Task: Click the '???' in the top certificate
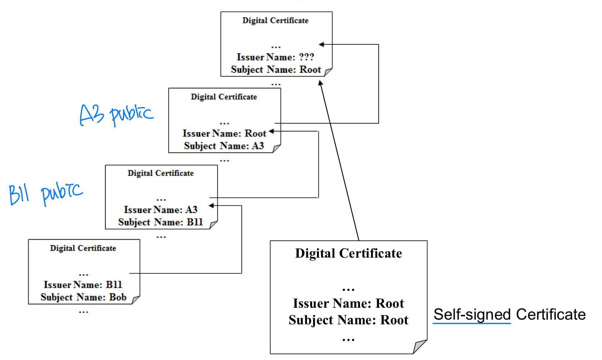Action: [306, 57]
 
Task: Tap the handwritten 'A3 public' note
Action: [116, 115]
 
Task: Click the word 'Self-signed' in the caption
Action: [472, 314]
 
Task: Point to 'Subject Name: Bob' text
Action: [84, 297]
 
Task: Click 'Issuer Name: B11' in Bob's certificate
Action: [83, 285]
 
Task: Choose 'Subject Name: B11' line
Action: [161, 222]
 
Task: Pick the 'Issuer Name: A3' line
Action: [161, 210]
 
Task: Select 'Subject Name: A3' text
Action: [224, 146]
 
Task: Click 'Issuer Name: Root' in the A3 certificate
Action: [224, 134]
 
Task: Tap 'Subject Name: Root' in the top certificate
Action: [276, 70]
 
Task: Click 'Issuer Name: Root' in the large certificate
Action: [348, 303]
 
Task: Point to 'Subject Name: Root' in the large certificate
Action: [348, 320]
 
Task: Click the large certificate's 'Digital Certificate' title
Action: [348, 253]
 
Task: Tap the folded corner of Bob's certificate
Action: [135, 300]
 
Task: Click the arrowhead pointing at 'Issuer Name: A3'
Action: [211, 205]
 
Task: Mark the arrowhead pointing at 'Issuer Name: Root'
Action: [271, 131]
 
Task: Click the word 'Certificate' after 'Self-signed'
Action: [551, 314]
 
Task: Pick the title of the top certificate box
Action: [275, 21]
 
